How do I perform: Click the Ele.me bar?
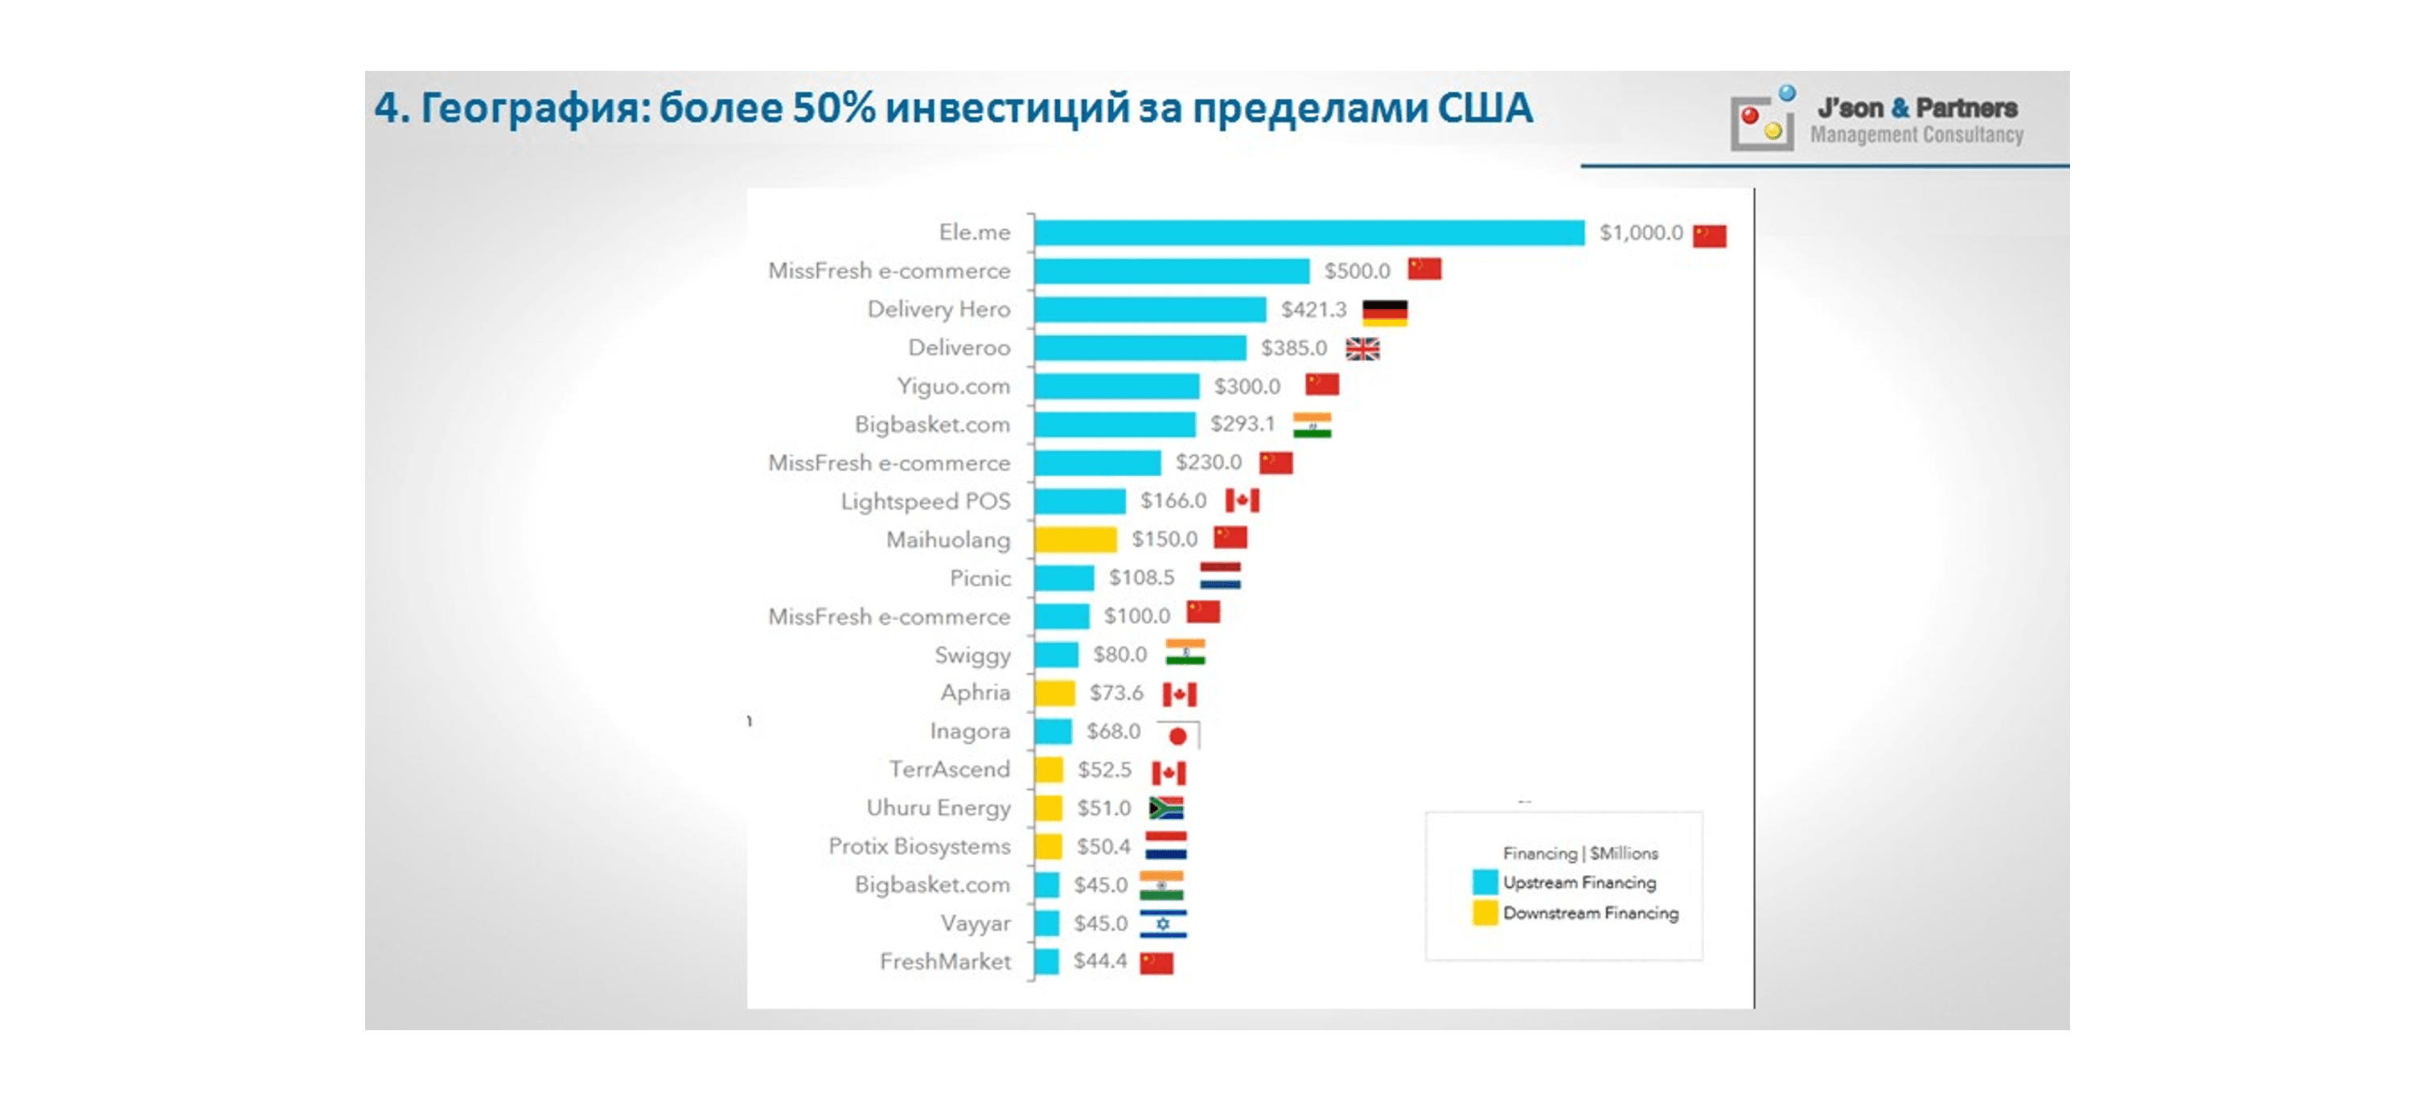[x=1308, y=232]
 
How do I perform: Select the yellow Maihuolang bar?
[x=1075, y=539]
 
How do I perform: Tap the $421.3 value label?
[x=1313, y=310]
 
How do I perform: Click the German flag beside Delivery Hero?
[x=1384, y=311]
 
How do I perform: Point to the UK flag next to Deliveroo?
[x=1362, y=349]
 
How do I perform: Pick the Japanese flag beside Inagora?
[x=1178, y=735]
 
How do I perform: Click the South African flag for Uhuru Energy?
[x=1166, y=807]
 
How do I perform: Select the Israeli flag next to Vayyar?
[x=1163, y=923]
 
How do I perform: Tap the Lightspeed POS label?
[x=925, y=501]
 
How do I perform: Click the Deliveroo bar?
[x=1140, y=348]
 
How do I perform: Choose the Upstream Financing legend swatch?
[x=1485, y=882]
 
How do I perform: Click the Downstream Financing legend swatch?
[x=1485, y=913]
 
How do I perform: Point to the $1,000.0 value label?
[x=1641, y=232]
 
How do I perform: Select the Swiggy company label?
[x=972, y=655]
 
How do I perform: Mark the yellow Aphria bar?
[x=1054, y=693]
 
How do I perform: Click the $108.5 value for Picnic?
[x=1141, y=577]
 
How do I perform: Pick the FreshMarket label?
[x=945, y=962]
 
